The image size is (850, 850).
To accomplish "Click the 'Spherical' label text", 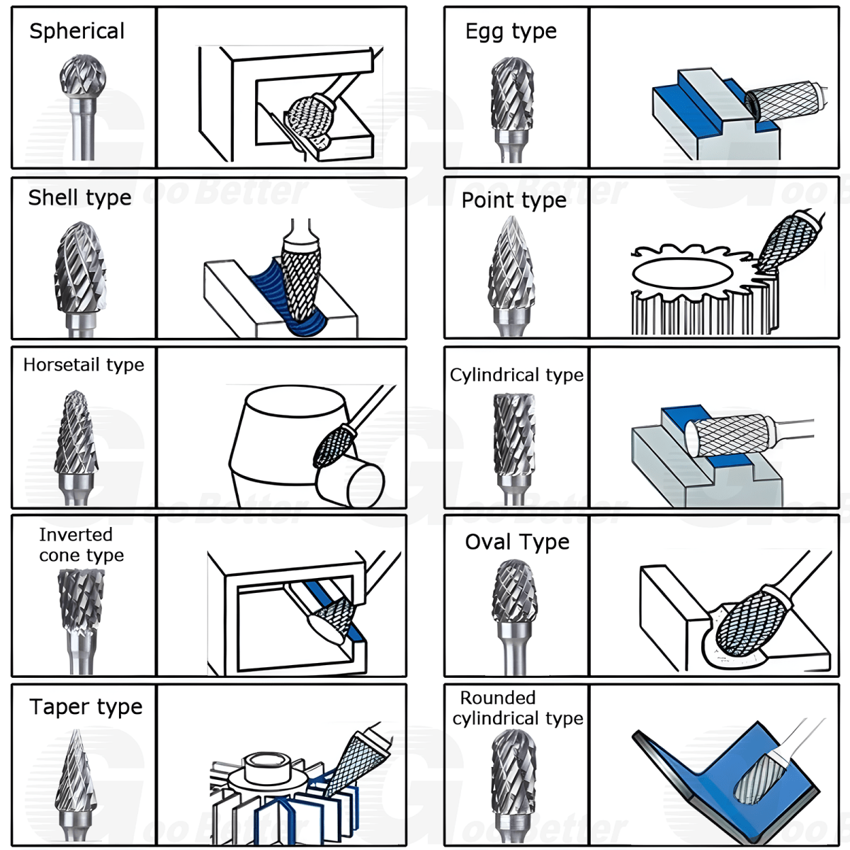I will tap(76, 31).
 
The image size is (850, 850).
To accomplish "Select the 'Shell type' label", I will tap(79, 198).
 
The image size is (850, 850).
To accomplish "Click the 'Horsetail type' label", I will tap(84, 365).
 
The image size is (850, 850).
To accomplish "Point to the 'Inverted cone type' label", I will tap(81, 545).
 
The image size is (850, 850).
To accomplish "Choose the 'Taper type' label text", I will tap(86, 707).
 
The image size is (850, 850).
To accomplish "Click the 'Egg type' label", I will tap(511, 31).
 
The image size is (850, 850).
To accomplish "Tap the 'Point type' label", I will tap(514, 200).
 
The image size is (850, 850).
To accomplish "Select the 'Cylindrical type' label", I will tap(516, 375).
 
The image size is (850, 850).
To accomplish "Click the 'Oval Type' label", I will tap(517, 542).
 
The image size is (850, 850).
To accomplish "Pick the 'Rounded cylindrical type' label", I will tap(517, 708).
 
